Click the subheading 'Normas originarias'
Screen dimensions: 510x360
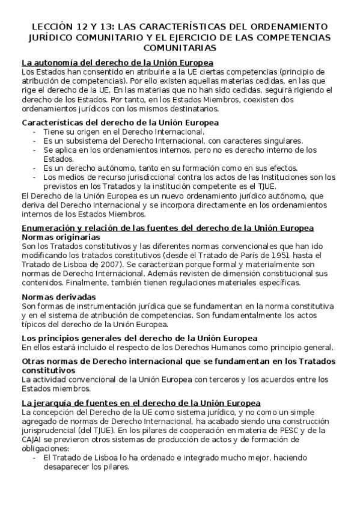click(62, 237)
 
